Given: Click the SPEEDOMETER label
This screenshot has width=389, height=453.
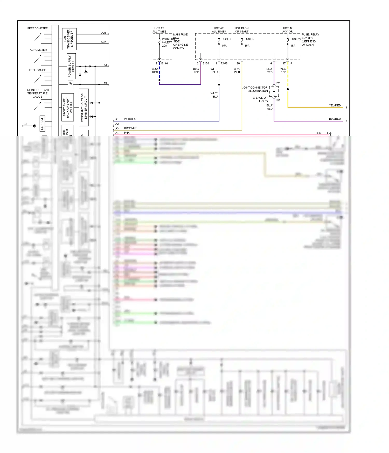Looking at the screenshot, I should (x=37, y=28).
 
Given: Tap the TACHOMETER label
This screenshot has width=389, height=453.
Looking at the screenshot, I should (x=37, y=50).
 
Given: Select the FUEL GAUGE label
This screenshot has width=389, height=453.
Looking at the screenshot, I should (x=37, y=70).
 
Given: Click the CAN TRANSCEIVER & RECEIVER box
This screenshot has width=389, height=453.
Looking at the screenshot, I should (x=69, y=39).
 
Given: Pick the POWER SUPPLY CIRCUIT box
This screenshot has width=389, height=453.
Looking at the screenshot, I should (x=71, y=66).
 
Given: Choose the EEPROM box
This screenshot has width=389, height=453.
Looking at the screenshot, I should (x=42, y=124).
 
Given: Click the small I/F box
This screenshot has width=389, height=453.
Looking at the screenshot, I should (x=70, y=84).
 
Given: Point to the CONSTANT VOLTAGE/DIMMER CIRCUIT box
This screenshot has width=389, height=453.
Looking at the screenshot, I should (x=84, y=107).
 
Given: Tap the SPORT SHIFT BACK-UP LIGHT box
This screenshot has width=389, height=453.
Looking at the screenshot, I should (x=67, y=107).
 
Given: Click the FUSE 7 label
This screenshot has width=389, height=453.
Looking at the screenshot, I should (x=226, y=39).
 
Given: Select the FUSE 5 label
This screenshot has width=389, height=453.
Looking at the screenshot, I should (x=249, y=39).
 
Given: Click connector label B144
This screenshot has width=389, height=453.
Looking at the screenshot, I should (x=164, y=63).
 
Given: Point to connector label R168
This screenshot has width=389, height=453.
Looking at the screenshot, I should (x=224, y=63).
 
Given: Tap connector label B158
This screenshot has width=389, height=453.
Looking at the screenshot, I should (x=206, y=63).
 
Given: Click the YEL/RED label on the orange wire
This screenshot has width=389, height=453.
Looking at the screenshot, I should (x=335, y=105).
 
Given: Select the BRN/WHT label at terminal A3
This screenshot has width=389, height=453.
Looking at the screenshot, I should (x=130, y=128).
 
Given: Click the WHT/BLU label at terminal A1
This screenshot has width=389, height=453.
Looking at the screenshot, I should (x=130, y=119).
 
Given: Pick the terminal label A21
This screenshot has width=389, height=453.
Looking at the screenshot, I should (x=104, y=33).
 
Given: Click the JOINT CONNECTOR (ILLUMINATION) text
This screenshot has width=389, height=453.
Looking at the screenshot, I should (x=255, y=89).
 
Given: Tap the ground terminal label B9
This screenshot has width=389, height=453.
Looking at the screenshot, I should (x=25, y=124).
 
